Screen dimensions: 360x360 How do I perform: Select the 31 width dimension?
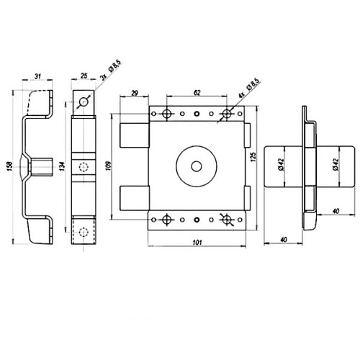(37, 76)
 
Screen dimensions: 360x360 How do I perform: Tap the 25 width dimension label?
(84, 76)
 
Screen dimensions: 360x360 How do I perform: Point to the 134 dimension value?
(62, 166)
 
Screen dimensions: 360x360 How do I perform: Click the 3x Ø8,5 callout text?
(111, 70)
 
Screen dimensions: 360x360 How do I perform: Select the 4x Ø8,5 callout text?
(249, 88)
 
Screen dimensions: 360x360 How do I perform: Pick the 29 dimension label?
(135, 93)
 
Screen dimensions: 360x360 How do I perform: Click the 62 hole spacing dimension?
(197, 92)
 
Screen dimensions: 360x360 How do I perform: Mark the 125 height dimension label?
(253, 156)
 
